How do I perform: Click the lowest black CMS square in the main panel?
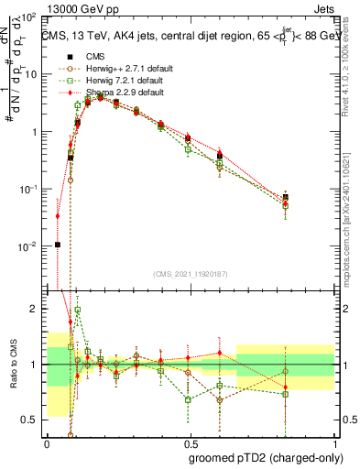tap(58, 245)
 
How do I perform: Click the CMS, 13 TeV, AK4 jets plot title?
tap(188, 36)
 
